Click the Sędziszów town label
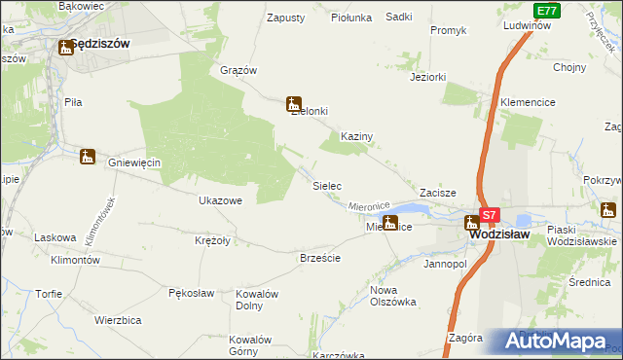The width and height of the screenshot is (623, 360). [100, 45]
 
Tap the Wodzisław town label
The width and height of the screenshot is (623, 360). [499, 234]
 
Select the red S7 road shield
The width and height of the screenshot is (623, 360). [490, 215]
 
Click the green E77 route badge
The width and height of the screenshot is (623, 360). [548, 11]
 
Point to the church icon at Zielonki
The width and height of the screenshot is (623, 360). [293, 103]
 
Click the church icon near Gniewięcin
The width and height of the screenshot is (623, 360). [88, 156]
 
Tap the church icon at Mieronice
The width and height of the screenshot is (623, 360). [390, 223]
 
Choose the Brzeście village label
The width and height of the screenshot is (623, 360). [320, 258]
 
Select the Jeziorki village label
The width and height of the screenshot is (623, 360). [428, 76]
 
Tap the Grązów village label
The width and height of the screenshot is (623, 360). [238, 70]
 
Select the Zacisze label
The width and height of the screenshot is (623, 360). [438, 194]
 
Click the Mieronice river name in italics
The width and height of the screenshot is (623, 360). [369, 206]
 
